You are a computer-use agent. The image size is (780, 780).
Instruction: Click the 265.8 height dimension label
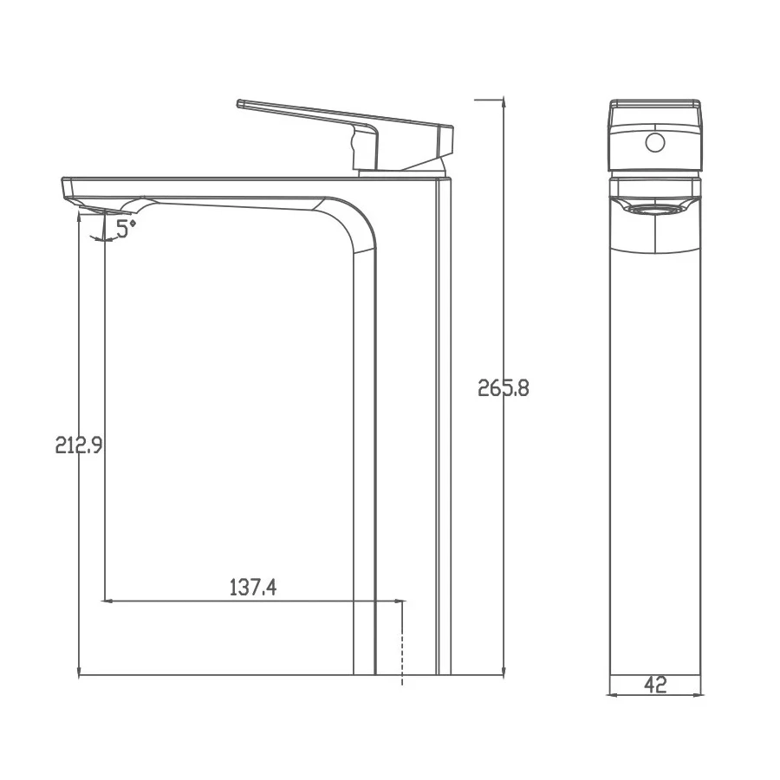point(504,388)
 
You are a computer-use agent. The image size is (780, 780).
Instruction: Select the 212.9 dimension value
point(79,445)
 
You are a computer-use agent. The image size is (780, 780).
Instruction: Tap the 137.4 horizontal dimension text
point(252,587)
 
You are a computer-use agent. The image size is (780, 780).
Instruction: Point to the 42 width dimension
point(655,684)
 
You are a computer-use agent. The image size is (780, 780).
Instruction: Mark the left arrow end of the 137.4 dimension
point(105,600)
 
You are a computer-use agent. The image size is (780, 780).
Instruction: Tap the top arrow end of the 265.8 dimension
point(504,101)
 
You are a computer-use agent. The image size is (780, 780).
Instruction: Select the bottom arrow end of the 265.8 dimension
point(504,673)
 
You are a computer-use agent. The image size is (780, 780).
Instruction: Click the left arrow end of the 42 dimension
point(610,694)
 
